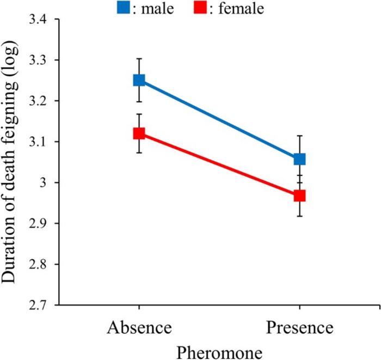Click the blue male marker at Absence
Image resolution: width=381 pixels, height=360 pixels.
pos(139,80)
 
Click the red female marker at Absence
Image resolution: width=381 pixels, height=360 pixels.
pos(139,133)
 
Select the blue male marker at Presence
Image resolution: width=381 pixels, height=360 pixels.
pos(299,159)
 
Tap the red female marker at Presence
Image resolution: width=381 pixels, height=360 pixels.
pos(299,196)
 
